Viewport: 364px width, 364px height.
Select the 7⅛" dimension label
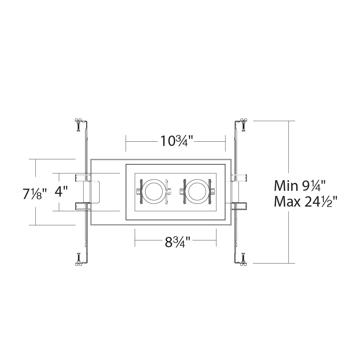(35, 194)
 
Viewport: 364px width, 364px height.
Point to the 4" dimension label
(61, 192)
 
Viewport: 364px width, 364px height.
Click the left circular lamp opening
(153, 192)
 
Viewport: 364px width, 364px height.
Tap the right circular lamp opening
(197, 192)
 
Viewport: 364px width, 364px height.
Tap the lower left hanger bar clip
(82, 206)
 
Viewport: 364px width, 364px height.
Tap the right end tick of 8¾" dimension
(216, 238)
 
